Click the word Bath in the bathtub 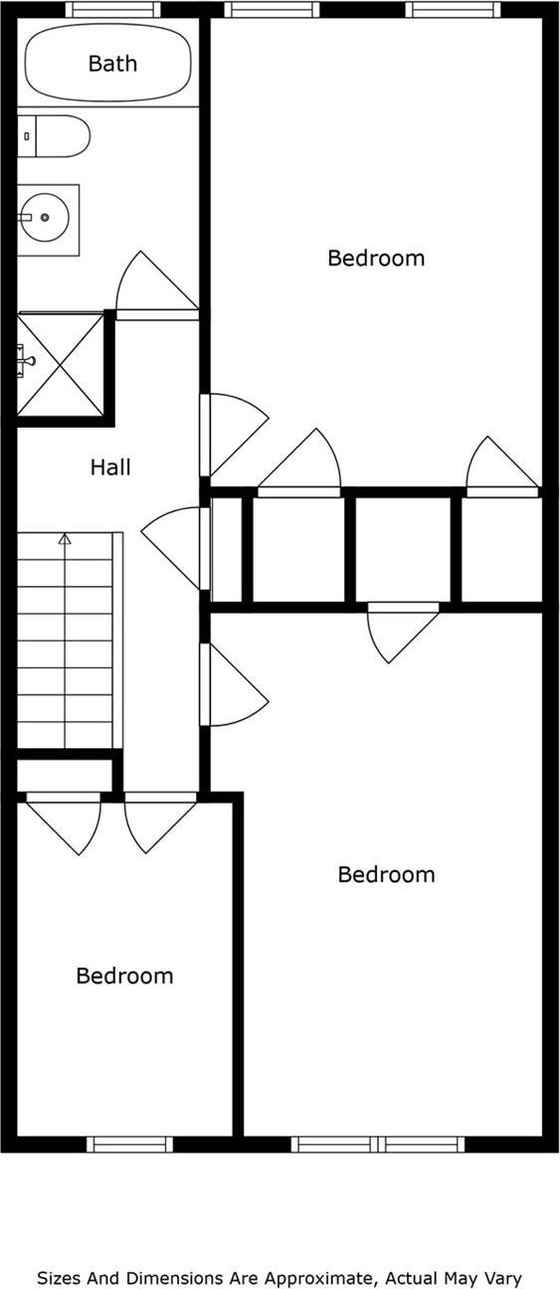pos(112,64)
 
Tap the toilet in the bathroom pos(55,136)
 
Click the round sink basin pos(45,216)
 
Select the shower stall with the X pos(61,364)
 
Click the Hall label pos(110,466)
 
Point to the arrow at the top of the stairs pos(65,539)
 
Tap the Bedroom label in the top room pos(376,259)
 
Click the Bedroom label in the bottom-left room pos(124,976)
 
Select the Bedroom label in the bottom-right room pos(386,875)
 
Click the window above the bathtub pos(112,10)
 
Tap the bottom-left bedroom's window pos(129,1144)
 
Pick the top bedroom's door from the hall pos(234,433)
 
